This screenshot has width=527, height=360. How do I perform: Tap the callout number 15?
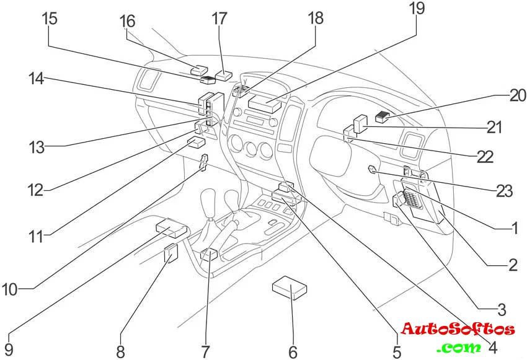[x=50, y=17]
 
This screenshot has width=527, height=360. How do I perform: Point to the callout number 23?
[x=505, y=190]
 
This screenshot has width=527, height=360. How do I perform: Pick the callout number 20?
[x=518, y=95]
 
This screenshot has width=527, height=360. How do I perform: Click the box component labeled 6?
[x=290, y=288]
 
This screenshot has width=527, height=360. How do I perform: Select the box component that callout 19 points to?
[x=265, y=102]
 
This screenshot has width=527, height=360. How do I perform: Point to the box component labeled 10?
[x=171, y=228]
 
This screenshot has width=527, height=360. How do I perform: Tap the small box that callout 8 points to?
[x=170, y=253]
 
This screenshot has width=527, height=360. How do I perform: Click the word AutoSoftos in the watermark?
[x=458, y=329]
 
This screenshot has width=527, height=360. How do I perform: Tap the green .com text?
[x=459, y=347]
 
